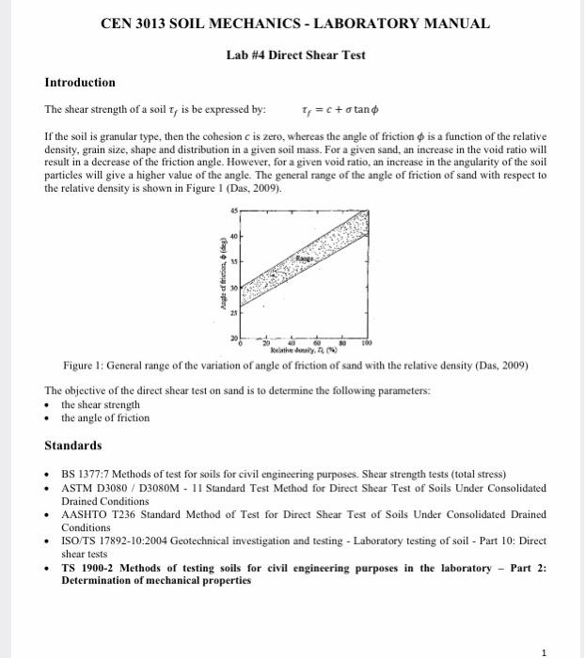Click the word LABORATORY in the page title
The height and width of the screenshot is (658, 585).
point(356,23)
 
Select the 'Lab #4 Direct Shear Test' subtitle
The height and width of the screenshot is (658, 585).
point(296,55)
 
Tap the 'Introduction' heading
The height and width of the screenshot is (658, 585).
point(80,83)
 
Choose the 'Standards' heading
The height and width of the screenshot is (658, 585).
point(75,445)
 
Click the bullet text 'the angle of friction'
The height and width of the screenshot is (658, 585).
point(104,417)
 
